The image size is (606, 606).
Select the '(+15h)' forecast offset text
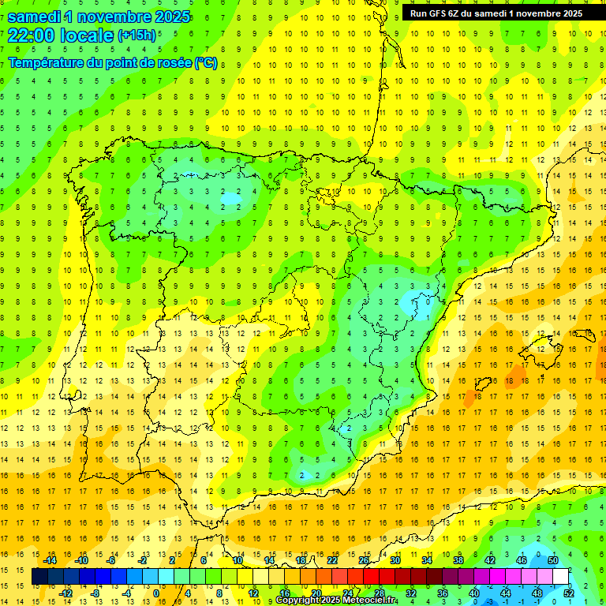coord(136,36)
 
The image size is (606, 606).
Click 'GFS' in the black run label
coord(440,13)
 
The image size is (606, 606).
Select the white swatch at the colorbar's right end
coord(561,577)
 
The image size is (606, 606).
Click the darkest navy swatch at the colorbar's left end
coord(39,577)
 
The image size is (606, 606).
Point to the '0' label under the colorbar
coord(155,593)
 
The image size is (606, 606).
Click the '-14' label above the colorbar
coord(50,560)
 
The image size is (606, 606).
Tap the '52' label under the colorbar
coord(569,593)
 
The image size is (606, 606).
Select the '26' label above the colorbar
coord(364,560)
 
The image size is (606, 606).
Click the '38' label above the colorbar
coord(458,560)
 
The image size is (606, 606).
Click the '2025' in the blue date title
coord(166,17)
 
